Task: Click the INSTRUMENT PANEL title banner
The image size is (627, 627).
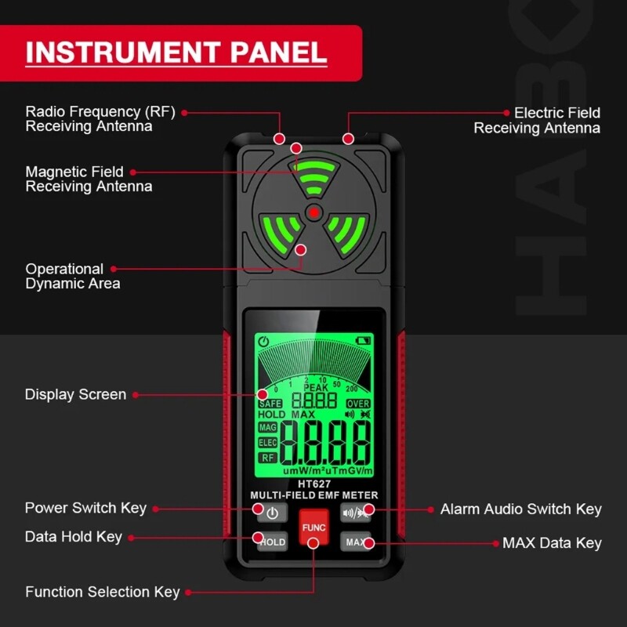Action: [176, 53]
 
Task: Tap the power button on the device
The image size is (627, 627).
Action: [271, 514]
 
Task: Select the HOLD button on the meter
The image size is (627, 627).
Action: [272, 542]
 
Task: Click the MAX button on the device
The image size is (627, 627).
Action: [355, 542]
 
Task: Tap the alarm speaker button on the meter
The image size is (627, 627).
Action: [355, 514]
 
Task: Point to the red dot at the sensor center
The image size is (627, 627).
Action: [313, 212]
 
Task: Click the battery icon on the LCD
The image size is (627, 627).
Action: [363, 341]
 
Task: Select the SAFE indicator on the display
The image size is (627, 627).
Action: [270, 404]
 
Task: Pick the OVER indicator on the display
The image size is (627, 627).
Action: [358, 404]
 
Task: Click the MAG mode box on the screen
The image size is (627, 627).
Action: [268, 428]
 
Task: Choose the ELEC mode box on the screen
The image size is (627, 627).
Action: [268, 443]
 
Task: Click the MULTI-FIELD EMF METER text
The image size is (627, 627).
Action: [313, 495]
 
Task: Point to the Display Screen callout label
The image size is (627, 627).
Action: [75, 394]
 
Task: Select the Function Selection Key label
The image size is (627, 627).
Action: [102, 592]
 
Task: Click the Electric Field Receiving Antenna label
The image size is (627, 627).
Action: [538, 120]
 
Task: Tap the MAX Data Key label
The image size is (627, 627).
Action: [552, 542]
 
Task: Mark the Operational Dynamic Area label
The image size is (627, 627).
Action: [72, 276]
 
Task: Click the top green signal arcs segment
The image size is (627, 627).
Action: [313, 180]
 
